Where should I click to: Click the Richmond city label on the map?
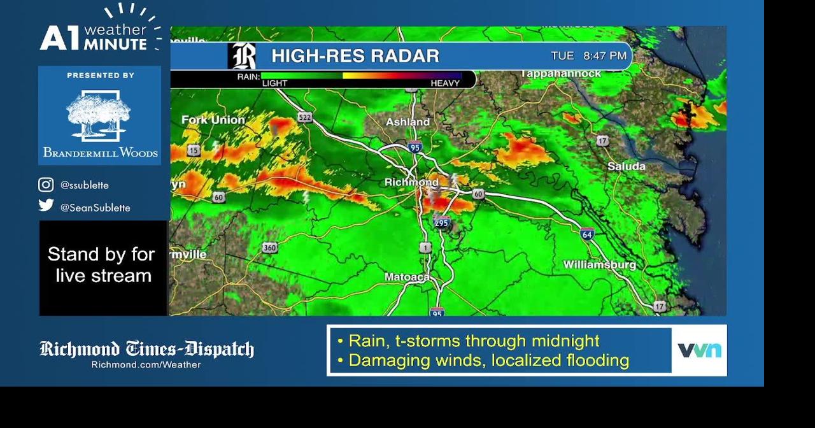tap(411, 183)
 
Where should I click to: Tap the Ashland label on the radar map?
tap(408, 122)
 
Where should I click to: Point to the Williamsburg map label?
tap(599, 264)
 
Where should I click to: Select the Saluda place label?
tap(626, 166)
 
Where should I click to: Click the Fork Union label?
tap(213, 120)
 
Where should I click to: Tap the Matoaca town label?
tap(407, 277)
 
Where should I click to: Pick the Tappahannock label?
tap(560, 74)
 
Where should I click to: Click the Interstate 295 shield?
tap(442, 222)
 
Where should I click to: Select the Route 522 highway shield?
tap(305, 117)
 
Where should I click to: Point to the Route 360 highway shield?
tap(269, 247)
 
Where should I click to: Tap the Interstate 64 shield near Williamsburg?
tap(587, 234)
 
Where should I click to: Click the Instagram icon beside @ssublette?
tap(46, 185)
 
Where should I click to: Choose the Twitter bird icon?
tap(46, 205)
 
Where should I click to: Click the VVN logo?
tap(699, 350)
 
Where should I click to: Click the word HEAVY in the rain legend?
tap(444, 83)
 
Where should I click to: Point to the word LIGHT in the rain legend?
tap(274, 83)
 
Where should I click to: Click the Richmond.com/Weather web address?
tap(146, 365)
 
